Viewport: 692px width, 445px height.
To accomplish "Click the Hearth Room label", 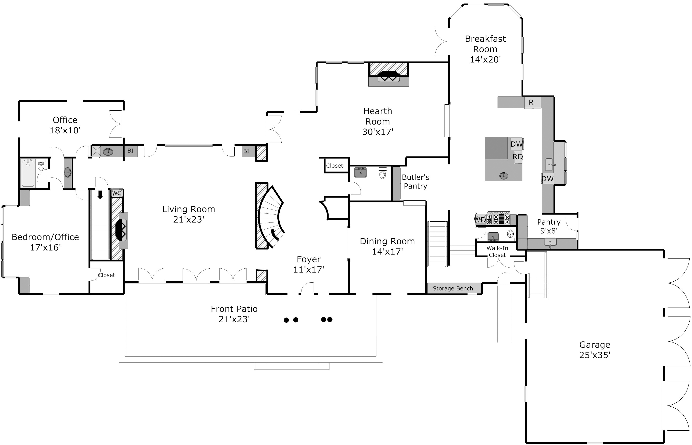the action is [378, 116].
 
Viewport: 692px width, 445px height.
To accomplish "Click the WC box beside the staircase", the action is [117, 193].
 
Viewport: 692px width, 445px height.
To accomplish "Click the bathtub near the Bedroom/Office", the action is [28, 173].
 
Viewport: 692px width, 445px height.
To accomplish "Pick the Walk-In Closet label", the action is [497, 251].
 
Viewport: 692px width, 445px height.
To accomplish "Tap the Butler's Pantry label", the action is [415, 181].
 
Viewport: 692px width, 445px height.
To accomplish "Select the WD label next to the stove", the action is [480, 220].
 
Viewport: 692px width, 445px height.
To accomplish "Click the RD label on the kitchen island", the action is [518, 157].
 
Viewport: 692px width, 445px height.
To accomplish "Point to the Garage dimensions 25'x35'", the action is [595, 355].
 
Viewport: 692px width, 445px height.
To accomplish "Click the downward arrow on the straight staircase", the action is [100, 194].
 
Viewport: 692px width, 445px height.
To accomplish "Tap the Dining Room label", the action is [387, 241].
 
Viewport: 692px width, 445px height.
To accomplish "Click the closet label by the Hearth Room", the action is [335, 166].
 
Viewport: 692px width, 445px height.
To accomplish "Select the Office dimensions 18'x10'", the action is [65, 131].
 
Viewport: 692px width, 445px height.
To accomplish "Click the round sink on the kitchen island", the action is [504, 175].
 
